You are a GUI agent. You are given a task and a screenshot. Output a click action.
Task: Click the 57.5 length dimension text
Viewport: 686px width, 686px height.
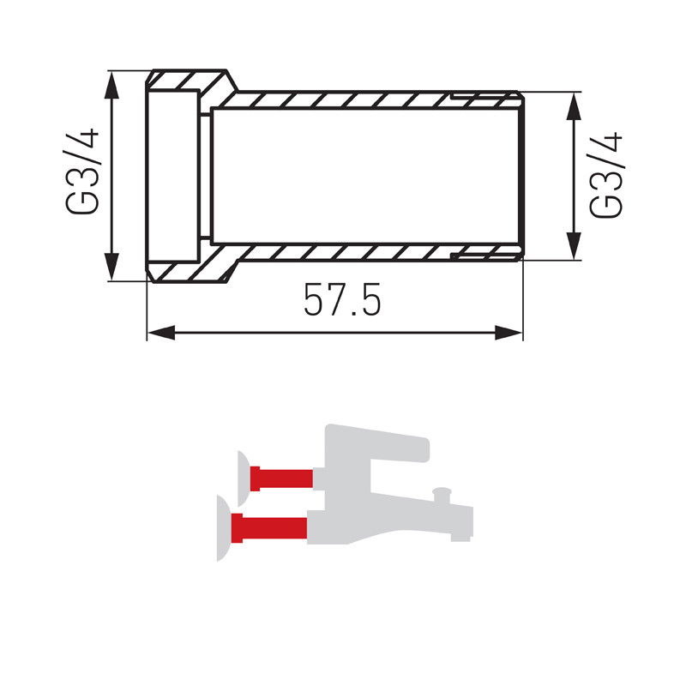[x=342, y=299]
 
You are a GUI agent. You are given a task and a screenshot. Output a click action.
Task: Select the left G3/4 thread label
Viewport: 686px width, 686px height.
[x=81, y=171]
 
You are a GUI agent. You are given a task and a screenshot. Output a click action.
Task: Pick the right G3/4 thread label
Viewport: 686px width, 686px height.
[x=605, y=175]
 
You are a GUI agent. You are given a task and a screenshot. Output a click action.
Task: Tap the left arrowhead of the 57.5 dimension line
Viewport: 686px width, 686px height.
[x=161, y=333]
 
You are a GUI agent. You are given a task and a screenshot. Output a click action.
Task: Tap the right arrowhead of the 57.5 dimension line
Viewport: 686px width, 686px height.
[x=508, y=333]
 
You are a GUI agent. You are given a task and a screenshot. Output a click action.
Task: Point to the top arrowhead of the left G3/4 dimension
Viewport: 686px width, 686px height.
[x=112, y=87]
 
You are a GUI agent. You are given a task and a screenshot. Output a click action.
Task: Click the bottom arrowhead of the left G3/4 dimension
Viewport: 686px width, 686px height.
[x=112, y=266]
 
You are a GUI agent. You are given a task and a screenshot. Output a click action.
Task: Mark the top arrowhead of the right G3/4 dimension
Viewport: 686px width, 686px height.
[x=574, y=106]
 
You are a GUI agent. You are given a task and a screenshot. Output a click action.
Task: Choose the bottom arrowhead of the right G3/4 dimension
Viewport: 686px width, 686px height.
[x=574, y=246]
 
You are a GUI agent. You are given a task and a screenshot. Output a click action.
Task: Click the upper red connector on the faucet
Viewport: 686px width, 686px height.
[x=281, y=478]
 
